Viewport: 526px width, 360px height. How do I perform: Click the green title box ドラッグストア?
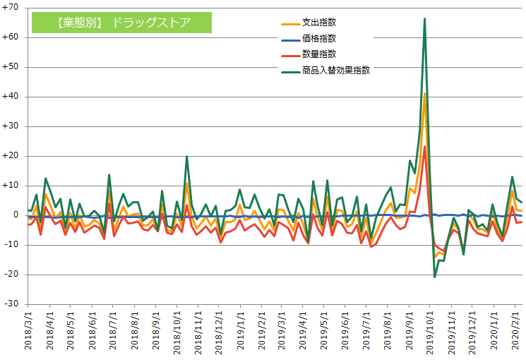tap(121, 22)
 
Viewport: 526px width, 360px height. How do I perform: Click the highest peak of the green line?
tap(424, 19)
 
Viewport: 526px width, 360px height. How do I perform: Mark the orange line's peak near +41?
tap(424, 94)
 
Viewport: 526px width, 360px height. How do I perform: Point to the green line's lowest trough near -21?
tap(434, 277)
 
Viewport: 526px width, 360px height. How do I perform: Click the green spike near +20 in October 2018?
tap(186, 157)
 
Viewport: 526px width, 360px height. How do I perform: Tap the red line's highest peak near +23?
tap(424, 147)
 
